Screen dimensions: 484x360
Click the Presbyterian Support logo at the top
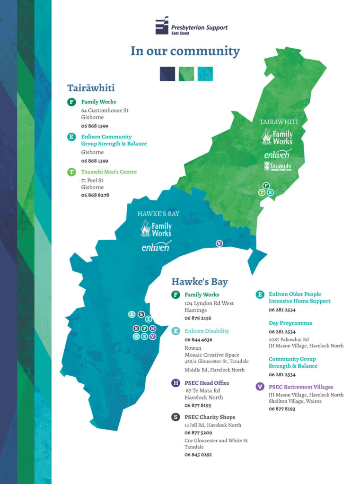191,26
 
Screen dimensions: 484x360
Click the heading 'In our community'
185,51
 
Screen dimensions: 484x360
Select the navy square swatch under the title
167,74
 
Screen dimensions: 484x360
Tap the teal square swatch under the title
205,74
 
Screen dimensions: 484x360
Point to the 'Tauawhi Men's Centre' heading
109,172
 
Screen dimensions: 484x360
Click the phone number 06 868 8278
95,195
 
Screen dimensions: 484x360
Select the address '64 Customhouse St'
105,111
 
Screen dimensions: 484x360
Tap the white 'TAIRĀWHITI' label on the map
279,122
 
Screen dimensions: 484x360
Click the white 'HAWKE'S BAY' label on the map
158,214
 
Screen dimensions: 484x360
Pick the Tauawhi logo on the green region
278,166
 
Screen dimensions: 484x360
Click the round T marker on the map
262,192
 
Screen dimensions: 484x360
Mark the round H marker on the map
152,328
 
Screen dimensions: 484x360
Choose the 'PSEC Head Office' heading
207,383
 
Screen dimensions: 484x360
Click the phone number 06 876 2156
198,318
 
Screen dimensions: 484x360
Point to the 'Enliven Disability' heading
207,331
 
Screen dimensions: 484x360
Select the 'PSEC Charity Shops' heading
210,417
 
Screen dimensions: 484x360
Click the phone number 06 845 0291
198,455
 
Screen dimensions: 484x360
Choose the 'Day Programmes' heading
290,323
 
